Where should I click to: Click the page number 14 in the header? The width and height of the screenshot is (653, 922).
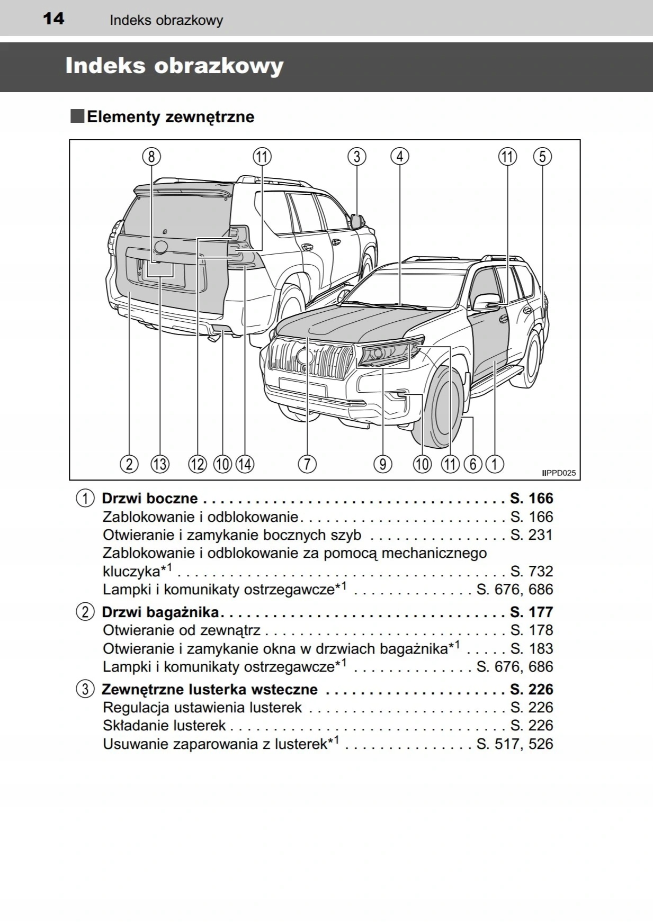(53, 19)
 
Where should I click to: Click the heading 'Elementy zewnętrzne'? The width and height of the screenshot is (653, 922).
(170, 117)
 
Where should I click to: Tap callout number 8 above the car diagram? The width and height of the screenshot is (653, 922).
(151, 157)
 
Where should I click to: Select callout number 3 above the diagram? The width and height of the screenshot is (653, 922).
(357, 157)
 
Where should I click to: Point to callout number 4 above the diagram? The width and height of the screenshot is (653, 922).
(400, 157)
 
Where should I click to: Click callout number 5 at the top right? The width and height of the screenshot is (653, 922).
(542, 157)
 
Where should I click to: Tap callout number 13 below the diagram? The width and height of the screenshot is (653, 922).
(159, 464)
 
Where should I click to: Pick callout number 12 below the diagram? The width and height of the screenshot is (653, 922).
(198, 464)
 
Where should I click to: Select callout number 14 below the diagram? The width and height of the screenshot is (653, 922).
(245, 464)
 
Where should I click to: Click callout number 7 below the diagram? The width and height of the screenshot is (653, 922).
(307, 464)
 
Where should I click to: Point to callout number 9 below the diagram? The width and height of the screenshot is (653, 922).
(382, 464)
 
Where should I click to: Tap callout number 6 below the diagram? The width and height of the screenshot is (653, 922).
(472, 464)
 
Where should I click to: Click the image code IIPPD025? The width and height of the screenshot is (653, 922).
(559, 473)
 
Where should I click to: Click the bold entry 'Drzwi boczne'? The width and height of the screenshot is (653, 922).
(150, 499)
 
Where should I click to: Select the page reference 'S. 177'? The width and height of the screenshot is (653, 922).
(531, 612)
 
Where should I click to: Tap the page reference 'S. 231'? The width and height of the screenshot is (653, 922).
(531, 535)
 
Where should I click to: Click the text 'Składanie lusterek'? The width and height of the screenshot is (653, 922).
(164, 726)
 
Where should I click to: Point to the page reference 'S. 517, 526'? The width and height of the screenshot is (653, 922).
(514, 744)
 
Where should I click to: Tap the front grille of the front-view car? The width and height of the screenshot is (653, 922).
(310, 358)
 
